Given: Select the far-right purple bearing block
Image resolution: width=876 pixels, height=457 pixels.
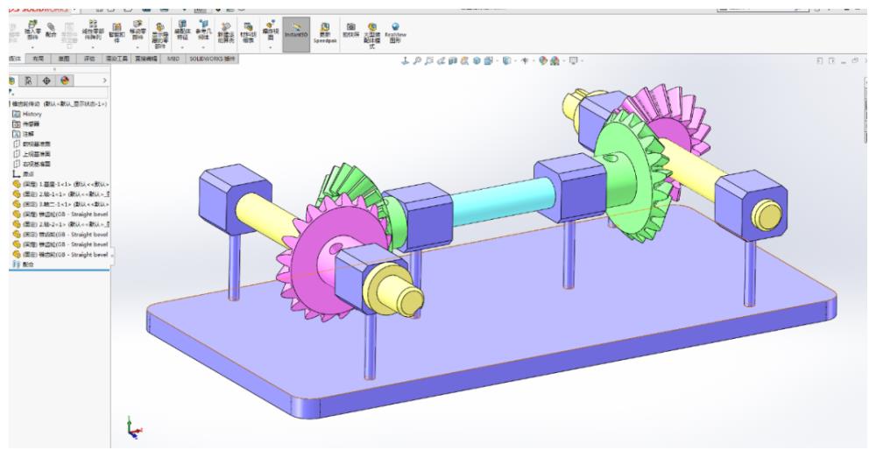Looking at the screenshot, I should point(745,198).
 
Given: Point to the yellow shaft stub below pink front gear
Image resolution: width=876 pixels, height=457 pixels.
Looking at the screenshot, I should point(396,293).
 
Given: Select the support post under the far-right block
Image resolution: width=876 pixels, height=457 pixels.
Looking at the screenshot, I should point(750,271).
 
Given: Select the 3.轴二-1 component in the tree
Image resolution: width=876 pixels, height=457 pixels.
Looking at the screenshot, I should point(61,203).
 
